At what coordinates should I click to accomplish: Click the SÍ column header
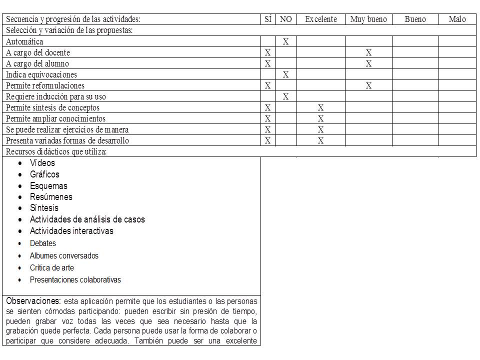(268, 19)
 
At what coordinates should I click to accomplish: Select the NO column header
(285, 19)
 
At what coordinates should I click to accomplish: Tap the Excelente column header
(321, 19)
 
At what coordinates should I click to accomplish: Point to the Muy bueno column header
(368, 19)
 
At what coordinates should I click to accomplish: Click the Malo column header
(457, 19)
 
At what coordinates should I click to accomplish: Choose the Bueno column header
(415, 19)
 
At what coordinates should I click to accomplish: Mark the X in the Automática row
(285, 41)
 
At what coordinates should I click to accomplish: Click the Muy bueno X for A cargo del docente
(368, 52)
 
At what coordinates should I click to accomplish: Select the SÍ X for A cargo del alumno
(268, 63)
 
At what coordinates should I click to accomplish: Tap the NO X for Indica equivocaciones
(285, 74)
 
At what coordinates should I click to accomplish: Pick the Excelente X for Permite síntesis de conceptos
(321, 107)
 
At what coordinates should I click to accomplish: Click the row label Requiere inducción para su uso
(56, 96)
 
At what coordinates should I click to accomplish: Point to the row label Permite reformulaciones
(45, 85)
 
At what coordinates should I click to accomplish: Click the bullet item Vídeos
(42, 163)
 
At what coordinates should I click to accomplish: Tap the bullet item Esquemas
(48, 186)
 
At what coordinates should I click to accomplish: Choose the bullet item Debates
(43, 243)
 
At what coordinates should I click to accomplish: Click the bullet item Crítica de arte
(52, 268)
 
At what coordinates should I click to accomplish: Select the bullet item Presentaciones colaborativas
(75, 280)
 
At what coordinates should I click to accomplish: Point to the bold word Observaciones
(33, 301)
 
